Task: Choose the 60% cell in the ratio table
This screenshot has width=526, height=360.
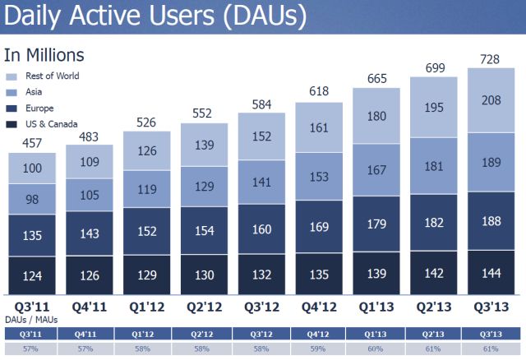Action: coord(376,349)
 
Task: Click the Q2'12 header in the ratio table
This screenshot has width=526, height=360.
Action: coord(205,334)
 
